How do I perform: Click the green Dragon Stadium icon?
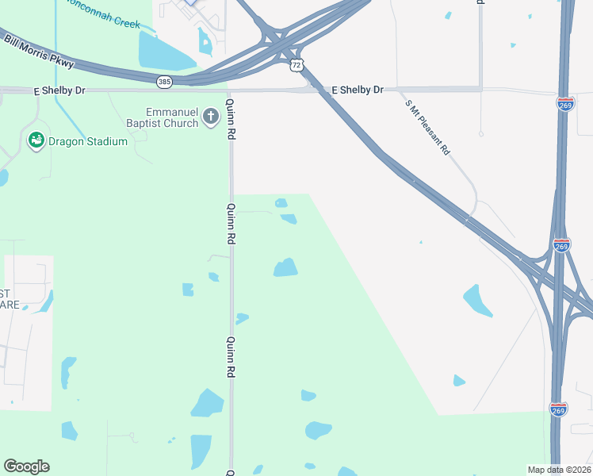(x=36, y=141)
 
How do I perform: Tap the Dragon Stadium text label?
(x=87, y=141)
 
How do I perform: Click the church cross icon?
(x=211, y=117)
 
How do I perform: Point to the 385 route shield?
(x=164, y=81)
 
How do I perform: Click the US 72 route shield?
(x=296, y=63)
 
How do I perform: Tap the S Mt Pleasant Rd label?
(x=427, y=127)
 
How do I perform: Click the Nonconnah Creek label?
(x=103, y=24)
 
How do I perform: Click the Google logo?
(x=26, y=466)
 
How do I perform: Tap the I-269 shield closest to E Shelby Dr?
(x=564, y=105)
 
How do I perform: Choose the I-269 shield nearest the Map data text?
(x=558, y=409)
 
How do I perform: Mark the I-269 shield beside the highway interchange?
(x=561, y=246)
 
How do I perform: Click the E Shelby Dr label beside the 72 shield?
(x=357, y=90)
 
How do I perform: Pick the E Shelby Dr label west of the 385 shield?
(x=59, y=90)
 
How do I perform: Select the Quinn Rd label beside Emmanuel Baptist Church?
(x=231, y=120)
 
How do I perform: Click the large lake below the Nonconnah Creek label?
(x=166, y=51)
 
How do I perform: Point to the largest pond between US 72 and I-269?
(x=477, y=301)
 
